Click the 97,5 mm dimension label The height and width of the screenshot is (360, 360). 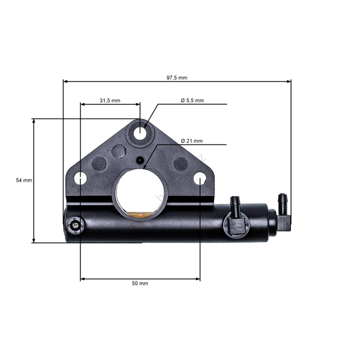(177, 77)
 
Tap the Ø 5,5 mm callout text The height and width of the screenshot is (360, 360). (192, 100)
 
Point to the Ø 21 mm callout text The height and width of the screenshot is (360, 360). (191, 141)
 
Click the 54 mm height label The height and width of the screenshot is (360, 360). (23, 180)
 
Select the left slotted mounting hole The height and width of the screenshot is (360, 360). (80, 178)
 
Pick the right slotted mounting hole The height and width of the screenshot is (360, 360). (200, 178)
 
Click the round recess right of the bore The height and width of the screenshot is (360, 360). (181, 163)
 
